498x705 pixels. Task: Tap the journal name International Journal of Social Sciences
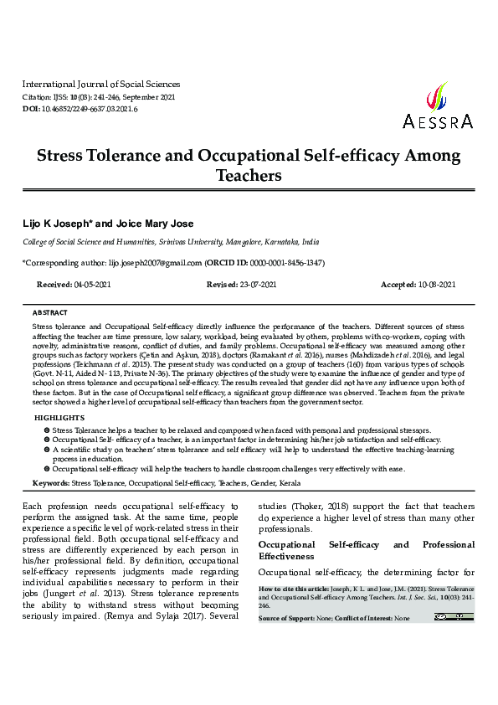(100, 84)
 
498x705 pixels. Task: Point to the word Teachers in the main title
(249, 176)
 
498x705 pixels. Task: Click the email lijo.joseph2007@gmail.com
(156, 262)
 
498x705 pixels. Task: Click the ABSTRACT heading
(49, 311)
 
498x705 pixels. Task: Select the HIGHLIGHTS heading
(59, 417)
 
